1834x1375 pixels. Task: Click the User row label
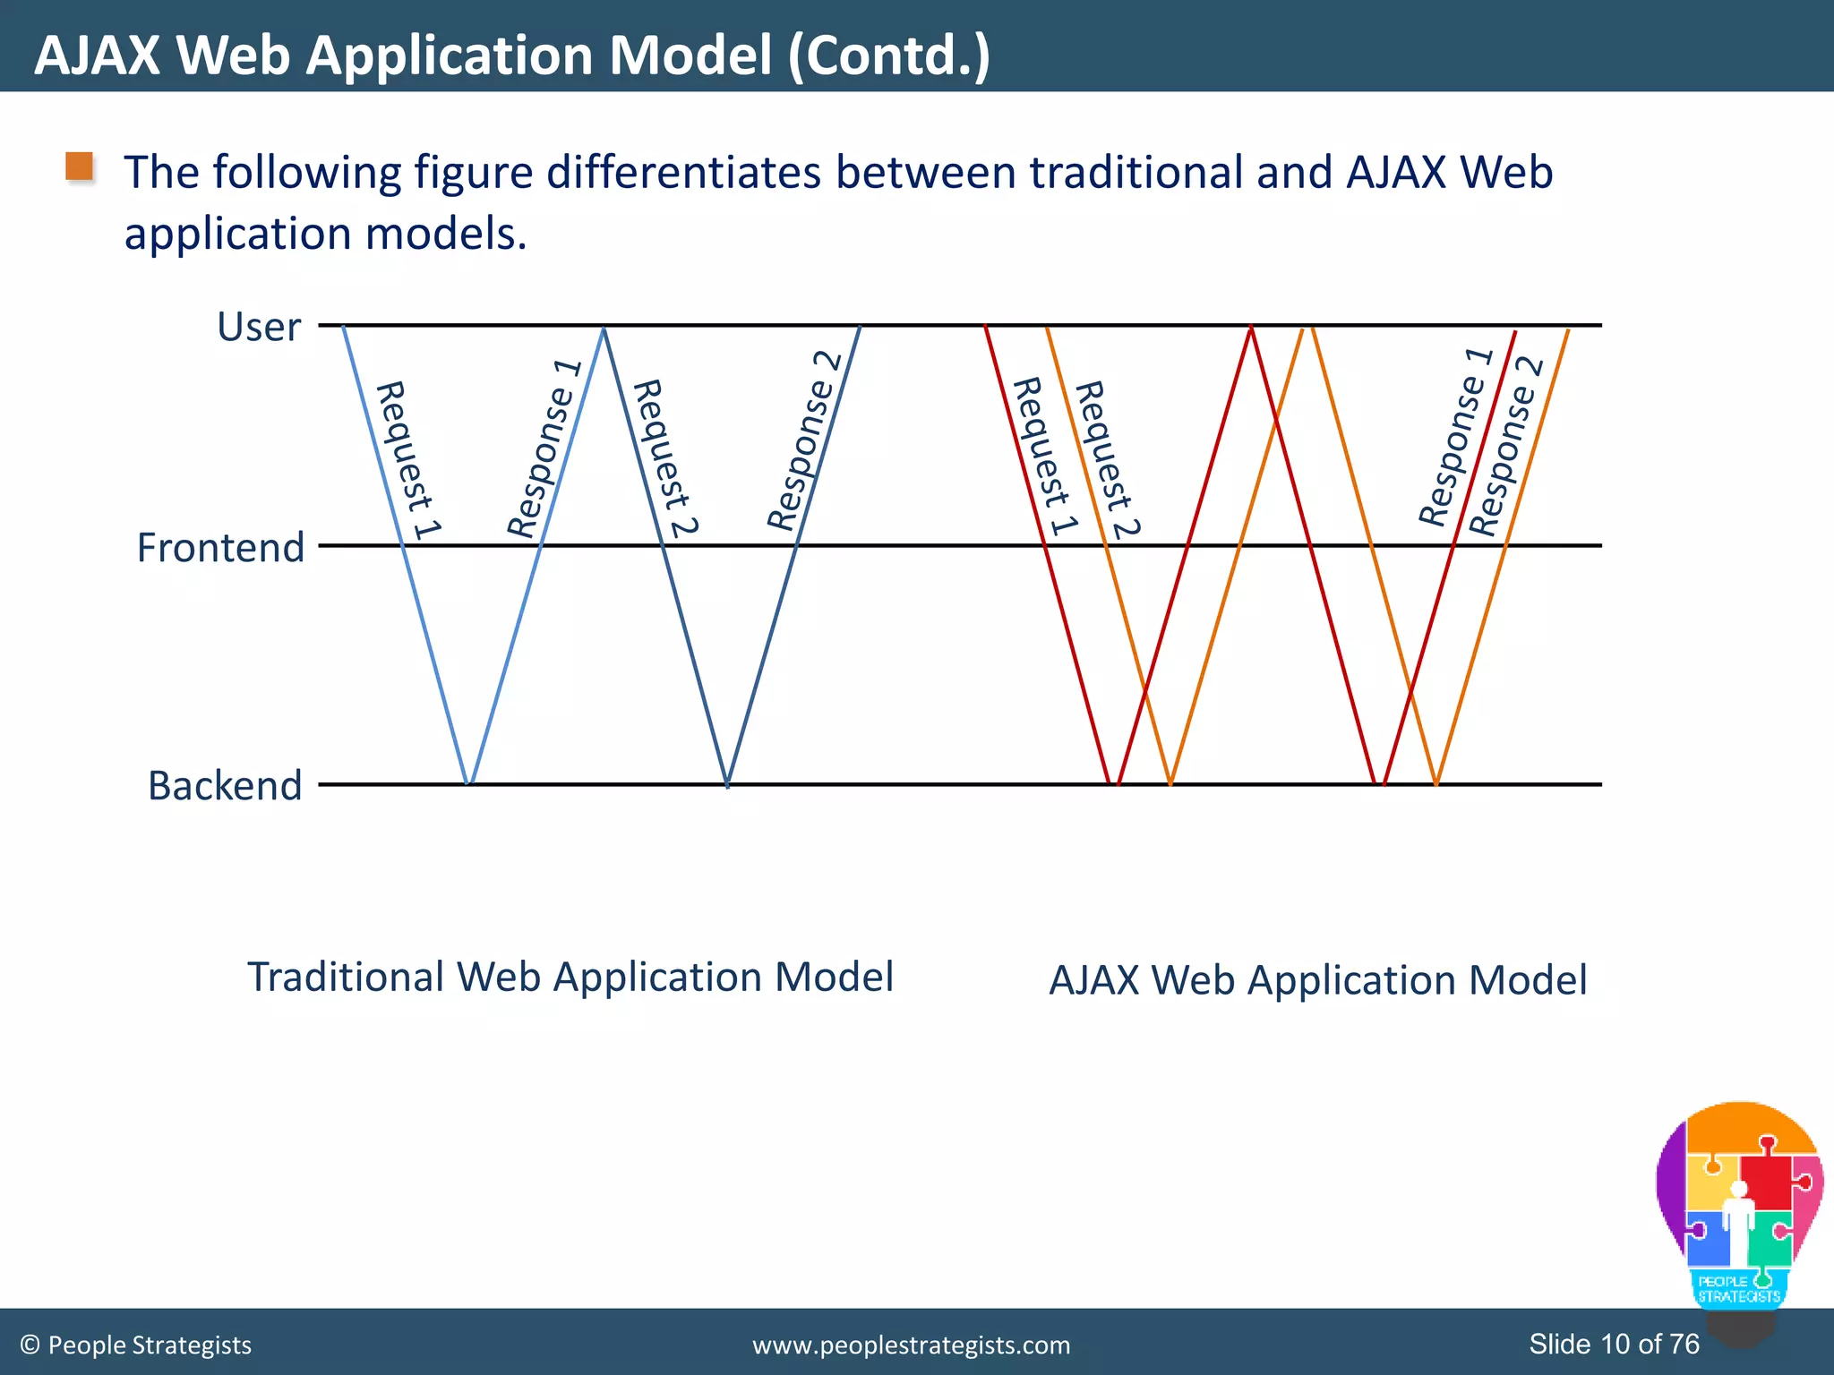[x=258, y=327]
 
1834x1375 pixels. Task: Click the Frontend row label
[x=220, y=547]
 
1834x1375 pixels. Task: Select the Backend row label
[x=225, y=785]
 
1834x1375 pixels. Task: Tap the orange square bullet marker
[x=80, y=167]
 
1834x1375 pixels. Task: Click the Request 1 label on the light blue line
[x=407, y=460]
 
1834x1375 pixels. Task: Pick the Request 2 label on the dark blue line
[x=665, y=457]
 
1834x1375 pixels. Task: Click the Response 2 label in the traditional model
[x=803, y=440]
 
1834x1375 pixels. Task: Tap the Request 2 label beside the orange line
[x=1107, y=458]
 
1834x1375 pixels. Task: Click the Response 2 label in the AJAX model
[x=1506, y=446]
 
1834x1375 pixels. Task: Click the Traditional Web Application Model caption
[x=570, y=977]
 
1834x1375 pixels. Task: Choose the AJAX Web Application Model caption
[x=1317, y=980]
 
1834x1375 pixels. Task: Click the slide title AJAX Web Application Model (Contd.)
[x=512, y=55]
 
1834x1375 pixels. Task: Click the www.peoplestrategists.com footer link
[x=911, y=1345]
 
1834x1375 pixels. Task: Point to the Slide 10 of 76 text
[x=1614, y=1344]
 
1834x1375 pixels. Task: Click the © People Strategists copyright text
[x=136, y=1345]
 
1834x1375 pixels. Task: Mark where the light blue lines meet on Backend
[x=468, y=783]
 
